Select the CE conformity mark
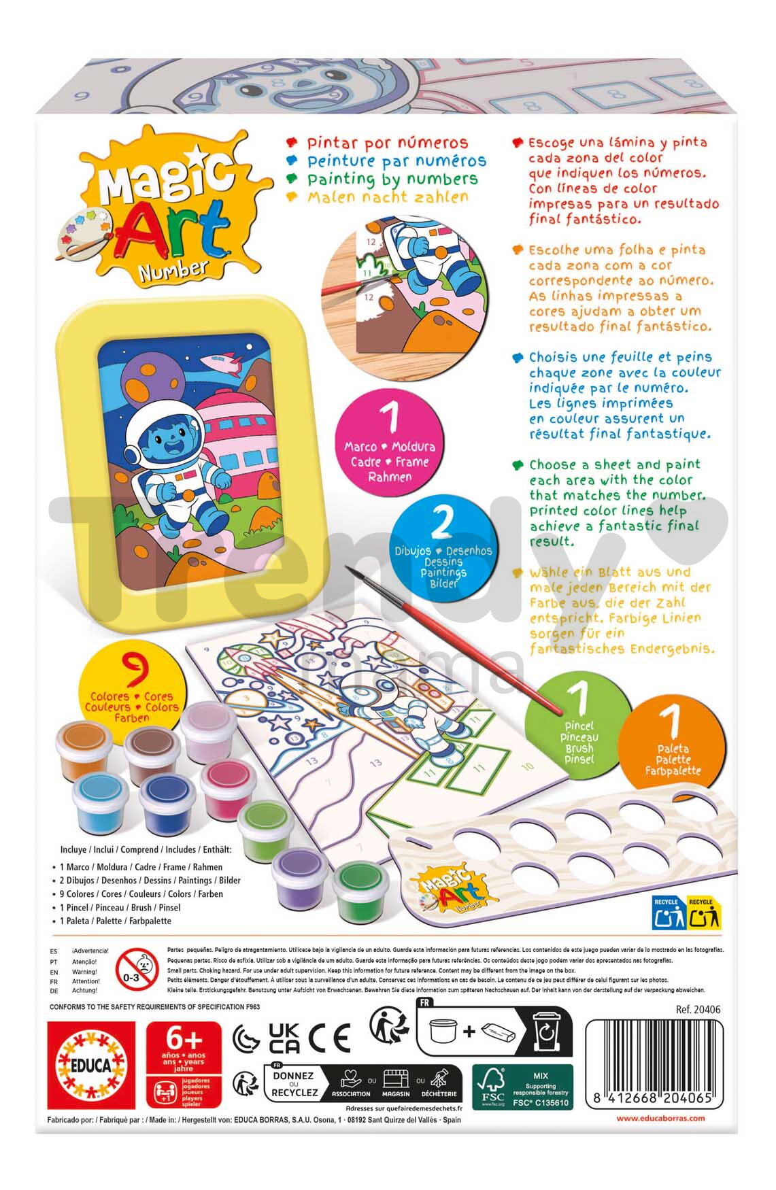click(x=329, y=1038)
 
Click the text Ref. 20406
click(x=698, y=1010)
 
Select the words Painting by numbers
click(x=392, y=179)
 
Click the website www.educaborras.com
click(x=660, y=1118)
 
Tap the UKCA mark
click(x=284, y=1038)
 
